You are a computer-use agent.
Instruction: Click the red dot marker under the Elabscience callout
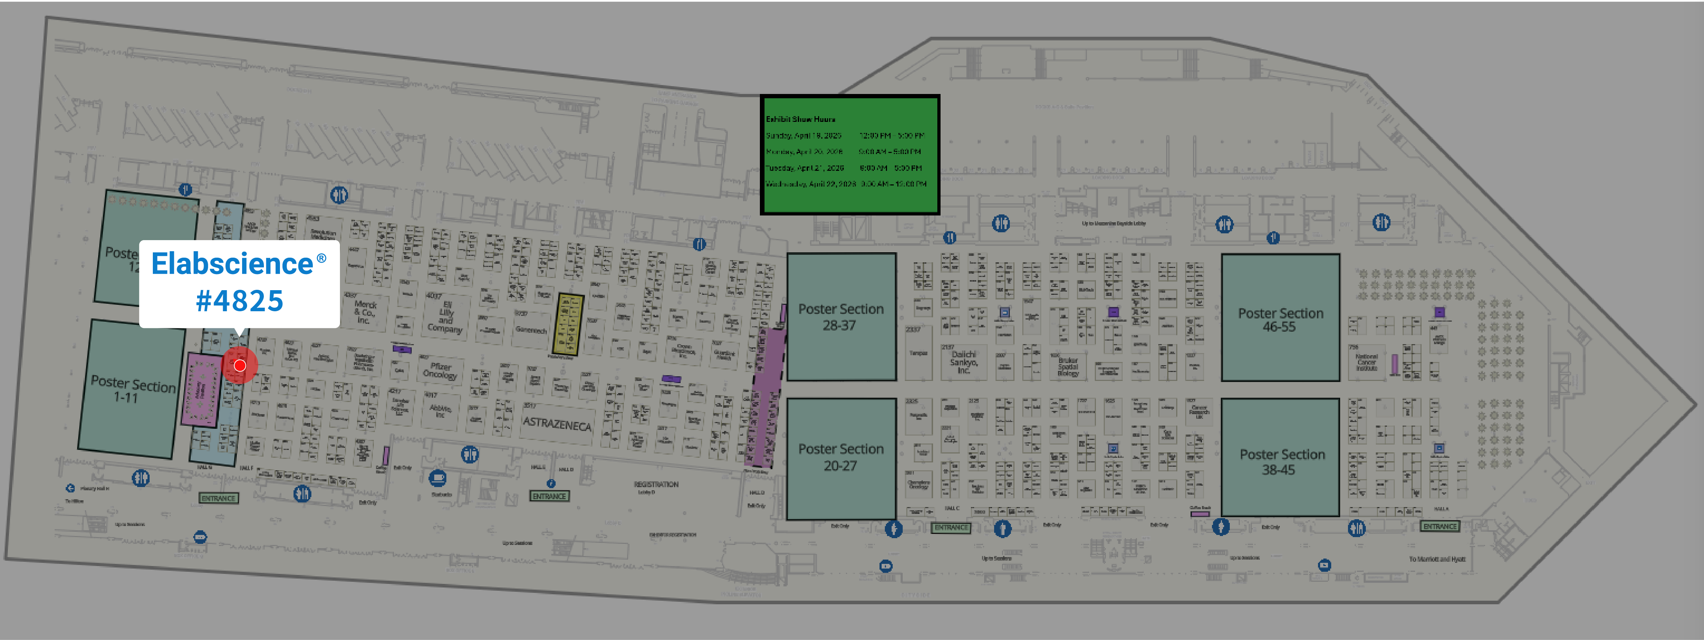point(240,365)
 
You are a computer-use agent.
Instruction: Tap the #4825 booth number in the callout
point(240,301)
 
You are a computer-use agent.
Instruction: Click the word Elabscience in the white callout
point(232,264)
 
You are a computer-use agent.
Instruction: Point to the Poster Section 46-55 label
point(1280,320)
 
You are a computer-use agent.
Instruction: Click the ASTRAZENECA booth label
point(557,423)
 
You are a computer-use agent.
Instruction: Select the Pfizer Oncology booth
point(440,371)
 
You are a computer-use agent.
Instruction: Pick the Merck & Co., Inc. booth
point(365,312)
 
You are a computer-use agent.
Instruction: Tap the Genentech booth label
point(531,329)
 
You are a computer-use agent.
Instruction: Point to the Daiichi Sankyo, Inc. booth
point(964,362)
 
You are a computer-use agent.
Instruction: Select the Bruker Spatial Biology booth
point(1068,367)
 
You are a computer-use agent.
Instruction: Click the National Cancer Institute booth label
point(1366,363)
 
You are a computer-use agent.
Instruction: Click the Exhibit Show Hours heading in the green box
point(801,119)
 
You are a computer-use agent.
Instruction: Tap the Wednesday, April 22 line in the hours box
point(845,184)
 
